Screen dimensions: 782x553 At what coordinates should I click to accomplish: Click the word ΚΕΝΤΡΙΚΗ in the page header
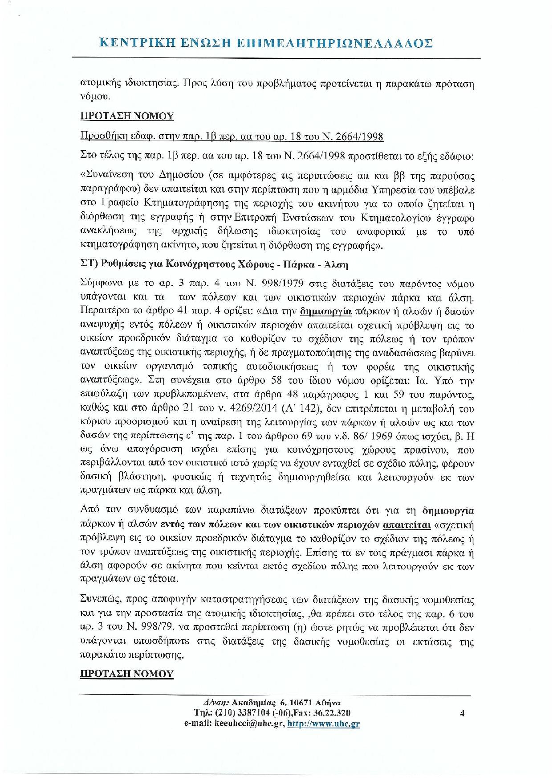point(134,43)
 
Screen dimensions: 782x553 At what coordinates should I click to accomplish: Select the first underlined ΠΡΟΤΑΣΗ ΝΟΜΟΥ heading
point(127,116)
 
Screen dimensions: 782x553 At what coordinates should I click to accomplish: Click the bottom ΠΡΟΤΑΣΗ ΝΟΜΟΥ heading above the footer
point(127,674)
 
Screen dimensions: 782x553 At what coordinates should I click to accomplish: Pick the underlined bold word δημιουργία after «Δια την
point(326,311)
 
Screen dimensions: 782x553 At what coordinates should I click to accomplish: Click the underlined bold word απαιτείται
point(407,525)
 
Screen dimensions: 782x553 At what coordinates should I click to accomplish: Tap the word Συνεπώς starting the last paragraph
point(100,600)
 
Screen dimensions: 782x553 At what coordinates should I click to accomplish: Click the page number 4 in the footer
point(462,713)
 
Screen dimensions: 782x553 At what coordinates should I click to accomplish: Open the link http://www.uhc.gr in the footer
point(323,724)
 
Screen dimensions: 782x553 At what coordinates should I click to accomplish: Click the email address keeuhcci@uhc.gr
point(249,724)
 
